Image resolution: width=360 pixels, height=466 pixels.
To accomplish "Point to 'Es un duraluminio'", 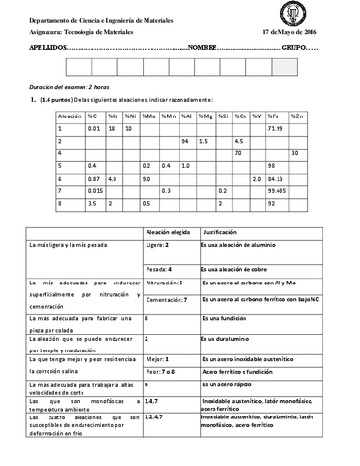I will [231, 337].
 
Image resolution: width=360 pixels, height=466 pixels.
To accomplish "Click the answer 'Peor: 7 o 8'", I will [160, 370].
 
